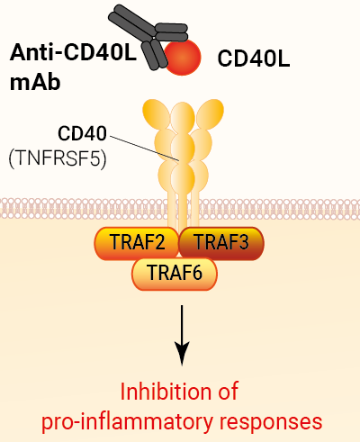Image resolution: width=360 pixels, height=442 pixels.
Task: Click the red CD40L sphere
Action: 183,57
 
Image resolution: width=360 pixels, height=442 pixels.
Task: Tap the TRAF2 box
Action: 137,243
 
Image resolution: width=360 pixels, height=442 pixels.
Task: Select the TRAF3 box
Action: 221,243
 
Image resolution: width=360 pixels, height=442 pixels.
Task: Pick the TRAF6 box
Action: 175,274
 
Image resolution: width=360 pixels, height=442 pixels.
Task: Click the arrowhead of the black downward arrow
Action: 182,354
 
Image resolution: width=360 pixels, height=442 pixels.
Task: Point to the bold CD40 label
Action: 82,133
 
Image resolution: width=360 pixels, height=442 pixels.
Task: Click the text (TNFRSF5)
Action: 58,158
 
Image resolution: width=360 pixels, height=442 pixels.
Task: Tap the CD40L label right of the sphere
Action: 254,59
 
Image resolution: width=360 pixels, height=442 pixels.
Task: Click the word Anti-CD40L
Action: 73,52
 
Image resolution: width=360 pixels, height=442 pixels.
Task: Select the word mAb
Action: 35,82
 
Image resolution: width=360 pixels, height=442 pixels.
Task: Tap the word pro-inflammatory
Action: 127,422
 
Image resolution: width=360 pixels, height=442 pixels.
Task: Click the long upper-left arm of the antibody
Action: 132,23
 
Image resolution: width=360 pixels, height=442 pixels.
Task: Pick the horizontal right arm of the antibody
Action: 172,32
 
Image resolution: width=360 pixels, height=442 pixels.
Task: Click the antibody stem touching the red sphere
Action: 155,55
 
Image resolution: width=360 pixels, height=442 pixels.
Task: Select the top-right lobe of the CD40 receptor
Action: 210,114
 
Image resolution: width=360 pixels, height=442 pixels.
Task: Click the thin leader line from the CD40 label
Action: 144,149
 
